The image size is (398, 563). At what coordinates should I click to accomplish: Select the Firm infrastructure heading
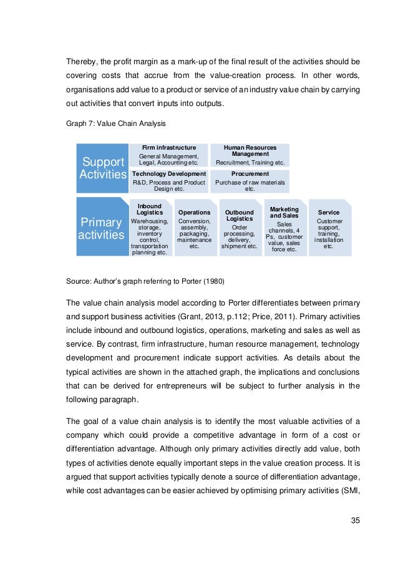169,148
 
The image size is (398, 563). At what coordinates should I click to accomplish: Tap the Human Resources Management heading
250,150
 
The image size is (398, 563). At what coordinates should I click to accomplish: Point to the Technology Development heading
169,173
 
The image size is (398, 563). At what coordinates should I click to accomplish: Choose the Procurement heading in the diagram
250,173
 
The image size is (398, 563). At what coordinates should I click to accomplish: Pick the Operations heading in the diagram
194,213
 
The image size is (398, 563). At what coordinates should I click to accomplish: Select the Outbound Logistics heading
240,216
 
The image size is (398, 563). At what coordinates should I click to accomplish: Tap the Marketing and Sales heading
284,212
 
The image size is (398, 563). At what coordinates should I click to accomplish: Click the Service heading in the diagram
329,213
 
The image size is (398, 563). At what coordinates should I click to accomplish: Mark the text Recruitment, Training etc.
250,162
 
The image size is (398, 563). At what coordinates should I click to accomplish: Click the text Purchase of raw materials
250,183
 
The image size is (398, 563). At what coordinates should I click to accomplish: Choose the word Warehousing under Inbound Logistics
149,221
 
